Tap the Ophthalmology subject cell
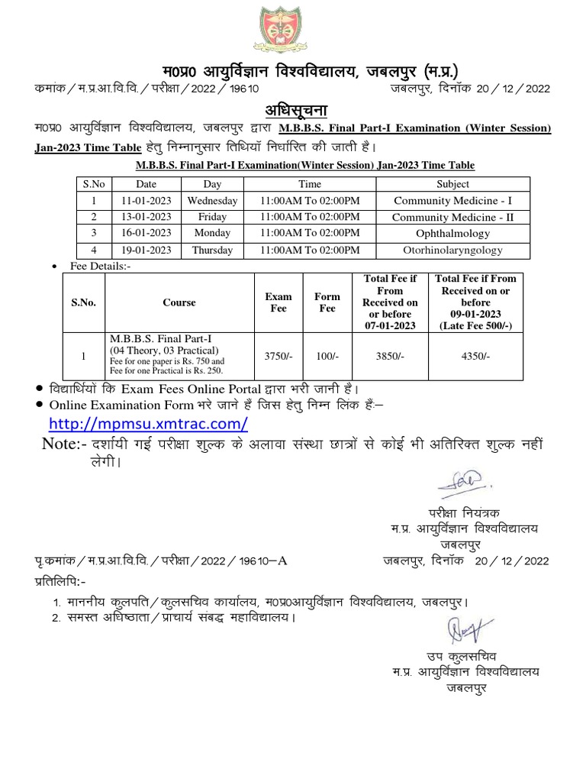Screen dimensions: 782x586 [x=452, y=232]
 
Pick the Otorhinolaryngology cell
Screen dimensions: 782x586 [x=452, y=250]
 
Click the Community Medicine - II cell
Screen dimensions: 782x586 [x=452, y=216]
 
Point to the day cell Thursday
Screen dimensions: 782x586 [x=212, y=250]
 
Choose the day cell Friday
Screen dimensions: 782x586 [x=212, y=216]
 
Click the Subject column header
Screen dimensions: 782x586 [x=452, y=184]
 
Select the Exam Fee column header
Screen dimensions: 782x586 [x=279, y=302]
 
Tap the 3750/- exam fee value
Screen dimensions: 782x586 [x=279, y=355]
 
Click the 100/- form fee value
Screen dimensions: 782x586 [x=327, y=355]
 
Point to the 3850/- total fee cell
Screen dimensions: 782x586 [x=390, y=355]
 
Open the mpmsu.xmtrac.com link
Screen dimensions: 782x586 [x=148, y=423]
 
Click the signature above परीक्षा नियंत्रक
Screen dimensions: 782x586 [x=462, y=481]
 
